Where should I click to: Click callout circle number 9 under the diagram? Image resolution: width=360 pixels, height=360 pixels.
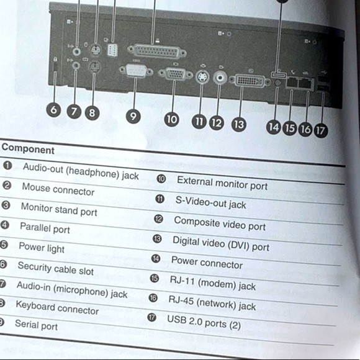click(133, 115)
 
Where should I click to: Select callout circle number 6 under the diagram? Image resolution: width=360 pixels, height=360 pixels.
click(54, 111)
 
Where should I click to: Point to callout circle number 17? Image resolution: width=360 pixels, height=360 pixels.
click(321, 130)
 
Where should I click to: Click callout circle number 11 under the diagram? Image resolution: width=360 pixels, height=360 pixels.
click(199, 121)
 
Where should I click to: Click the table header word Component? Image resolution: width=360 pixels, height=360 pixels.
click(28, 150)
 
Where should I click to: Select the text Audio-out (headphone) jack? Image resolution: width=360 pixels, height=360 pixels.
click(81, 171)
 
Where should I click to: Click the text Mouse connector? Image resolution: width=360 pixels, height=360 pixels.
click(58, 189)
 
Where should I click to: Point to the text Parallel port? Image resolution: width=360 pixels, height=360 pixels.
click(45, 228)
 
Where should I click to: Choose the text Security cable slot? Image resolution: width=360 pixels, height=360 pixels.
click(55, 268)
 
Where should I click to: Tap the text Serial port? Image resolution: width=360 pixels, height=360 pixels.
click(36, 324)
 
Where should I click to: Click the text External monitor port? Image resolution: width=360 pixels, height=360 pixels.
click(222, 183)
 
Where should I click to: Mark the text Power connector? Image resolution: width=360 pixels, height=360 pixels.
click(207, 263)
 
